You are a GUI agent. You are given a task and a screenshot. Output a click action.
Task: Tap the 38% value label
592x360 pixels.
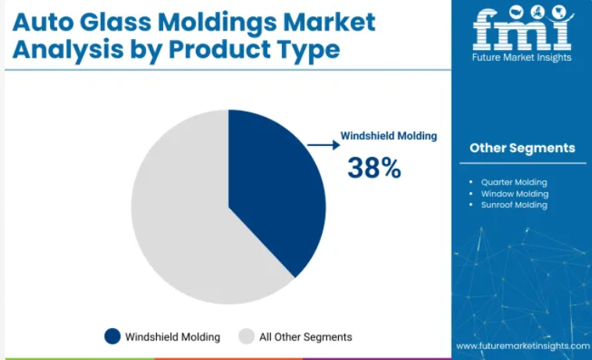click(374, 168)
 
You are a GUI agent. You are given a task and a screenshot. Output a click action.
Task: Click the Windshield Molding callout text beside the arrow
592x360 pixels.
click(388, 136)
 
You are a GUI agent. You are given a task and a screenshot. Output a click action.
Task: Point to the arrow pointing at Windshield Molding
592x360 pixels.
click(323, 145)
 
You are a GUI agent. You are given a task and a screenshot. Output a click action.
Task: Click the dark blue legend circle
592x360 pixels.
click(112, 337)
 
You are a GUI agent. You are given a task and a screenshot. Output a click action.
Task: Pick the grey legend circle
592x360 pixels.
click(247, 337)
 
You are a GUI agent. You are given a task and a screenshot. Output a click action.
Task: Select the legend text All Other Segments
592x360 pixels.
click(305, 337)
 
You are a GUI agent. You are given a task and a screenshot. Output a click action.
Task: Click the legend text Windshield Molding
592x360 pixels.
click(173, 337)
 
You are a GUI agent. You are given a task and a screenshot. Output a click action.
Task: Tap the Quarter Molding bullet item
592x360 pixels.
click(514, 182)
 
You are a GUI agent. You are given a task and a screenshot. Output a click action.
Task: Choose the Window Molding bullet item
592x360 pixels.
click(515, 194)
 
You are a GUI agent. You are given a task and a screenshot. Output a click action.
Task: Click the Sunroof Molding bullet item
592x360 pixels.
click(514, 205)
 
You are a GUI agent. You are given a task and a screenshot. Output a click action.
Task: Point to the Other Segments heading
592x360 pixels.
click(522, 148)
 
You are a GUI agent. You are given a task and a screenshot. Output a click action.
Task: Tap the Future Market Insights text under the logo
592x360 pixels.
click(522, 57)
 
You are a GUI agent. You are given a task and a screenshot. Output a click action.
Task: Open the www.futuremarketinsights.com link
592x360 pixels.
click(523, 346)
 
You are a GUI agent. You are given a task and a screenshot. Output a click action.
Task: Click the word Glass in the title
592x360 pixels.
click(115, 22)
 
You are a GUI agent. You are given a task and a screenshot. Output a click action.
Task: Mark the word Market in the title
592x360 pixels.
click(329, 22)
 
